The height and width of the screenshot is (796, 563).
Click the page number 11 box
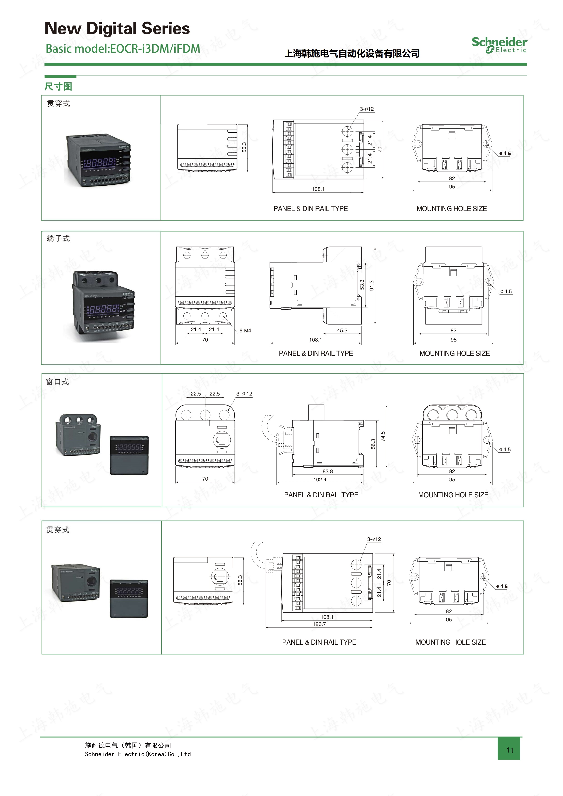click(x=509, y=750)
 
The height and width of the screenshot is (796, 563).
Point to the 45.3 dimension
click(x=342, y=330)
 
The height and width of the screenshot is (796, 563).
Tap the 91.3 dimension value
click(x=372, y=285)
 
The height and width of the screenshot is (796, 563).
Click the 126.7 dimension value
click(x=319, y=624)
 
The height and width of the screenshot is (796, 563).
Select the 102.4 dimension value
click(x=320, y=479)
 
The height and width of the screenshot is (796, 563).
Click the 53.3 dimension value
click(x=362, y=285)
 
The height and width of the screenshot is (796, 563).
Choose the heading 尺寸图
click(x=58, y=86)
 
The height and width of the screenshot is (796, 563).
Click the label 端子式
click(x=58, y=238)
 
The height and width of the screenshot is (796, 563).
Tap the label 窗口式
click(x=58, y=382)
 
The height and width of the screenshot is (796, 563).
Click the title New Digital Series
click(x=117, y=28)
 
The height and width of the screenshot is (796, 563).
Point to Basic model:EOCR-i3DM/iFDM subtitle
click(x=123, y=49)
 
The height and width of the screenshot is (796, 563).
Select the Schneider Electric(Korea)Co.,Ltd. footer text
click(x=139, y=754)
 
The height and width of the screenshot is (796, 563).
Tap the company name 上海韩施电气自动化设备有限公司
click(x=352, y=53)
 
